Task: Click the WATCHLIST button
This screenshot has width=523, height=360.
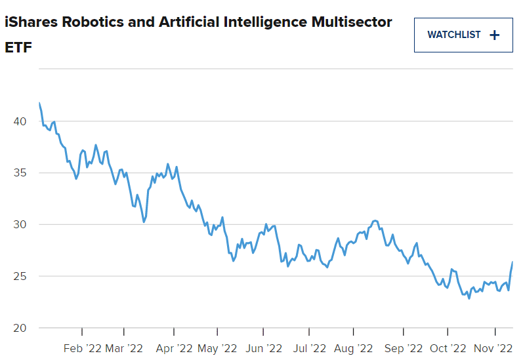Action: pyautogui.click(x=463, y=35)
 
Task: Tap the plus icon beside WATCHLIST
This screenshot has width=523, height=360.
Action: pyautogui.click(x=495, y=35)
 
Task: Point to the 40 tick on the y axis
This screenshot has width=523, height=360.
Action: pyautogui.click(x=19, y=121)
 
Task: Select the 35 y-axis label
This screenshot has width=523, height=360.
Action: pyautogui.click(x=19, y=173)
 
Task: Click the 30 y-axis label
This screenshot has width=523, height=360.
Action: pyautogui.click(x=19, y=224)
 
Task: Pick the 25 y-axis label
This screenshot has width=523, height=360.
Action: pyautogui.click(x=19, y=276)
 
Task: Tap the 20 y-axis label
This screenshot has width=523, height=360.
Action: pyautogui.click(x=19, y=328)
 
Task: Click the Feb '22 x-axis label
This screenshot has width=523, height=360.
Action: pyautogui.click(x=82, y=348)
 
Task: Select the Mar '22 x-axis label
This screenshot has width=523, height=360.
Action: pyautogui.click(x=123, y=348)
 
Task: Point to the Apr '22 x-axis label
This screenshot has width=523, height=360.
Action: pyautogui.click(x=174, y=348)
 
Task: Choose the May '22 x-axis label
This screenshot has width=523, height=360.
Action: pyautogui.click(x=217, y=348)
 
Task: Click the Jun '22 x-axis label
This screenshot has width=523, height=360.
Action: pyautogui.click(x=262, y=348)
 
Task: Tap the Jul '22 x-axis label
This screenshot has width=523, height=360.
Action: pyautogui.click(x=309, y=348)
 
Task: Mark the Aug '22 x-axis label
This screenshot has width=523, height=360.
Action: pyautogui.click(x=354, y=348)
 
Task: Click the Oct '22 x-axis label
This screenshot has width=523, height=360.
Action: pyautogui.click(x=448, y=348)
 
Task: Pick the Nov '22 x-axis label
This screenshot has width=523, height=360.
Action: pyautogui.click(x=493, y=348)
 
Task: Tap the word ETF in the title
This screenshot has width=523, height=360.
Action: pyautogui.click(x=18, y=49)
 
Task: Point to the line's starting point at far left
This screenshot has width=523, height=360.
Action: pyautogui.click(x=39, y=103)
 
